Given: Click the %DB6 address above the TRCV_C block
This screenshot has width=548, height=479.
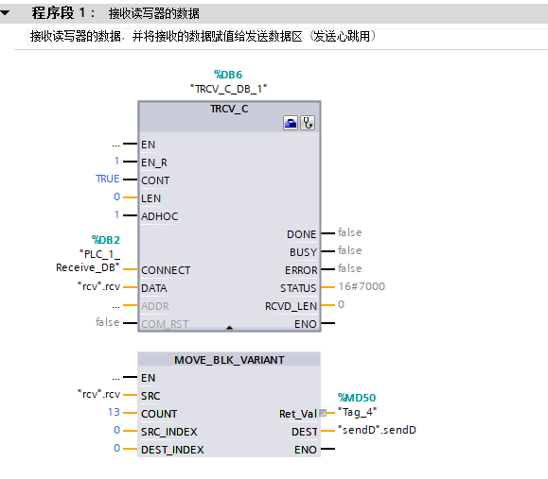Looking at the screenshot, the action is pyautogui.click(x=228, y=75).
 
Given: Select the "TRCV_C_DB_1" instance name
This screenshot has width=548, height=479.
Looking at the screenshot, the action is pyautogui.click(x=228, y=89).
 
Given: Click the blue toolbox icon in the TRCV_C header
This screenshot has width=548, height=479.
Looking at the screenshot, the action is pyautogui.click(x=291, y=123).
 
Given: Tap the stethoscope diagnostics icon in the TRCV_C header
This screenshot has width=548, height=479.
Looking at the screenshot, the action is pyautogui.click(x=308, y=123).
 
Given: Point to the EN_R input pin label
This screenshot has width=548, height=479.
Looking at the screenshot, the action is pyautogui.click(x=154, y=163).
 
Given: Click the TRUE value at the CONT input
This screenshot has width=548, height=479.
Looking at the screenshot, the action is pyautogui.click(x=108, y=179).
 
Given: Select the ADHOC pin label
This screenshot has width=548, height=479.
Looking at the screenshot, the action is pyautogui.click(x=159, y=216).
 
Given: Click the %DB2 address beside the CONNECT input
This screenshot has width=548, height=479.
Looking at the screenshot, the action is pyautogui.click(x=106, y=240).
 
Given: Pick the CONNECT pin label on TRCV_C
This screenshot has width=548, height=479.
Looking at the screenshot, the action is pyautogui.click(x=166, y=270).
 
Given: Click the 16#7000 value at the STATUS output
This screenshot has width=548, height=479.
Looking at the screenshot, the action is pyautogui.click(x=362, y=286).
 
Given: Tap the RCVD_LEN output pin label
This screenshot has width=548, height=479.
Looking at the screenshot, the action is pyautogui.click(x=291, y=306).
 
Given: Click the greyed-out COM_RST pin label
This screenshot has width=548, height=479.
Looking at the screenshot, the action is pyautogui.click(x=165, y=324).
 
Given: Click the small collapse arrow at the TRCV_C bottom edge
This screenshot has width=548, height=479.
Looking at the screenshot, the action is pyautogui.click(x=229, y=327).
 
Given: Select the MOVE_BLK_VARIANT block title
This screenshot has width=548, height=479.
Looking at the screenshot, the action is pyautogui.click(x=229, y=360).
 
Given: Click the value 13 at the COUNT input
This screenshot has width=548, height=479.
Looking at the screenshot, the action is pyautogui.click(x=114, y=412).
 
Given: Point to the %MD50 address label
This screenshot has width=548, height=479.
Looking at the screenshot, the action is pyautogui.click(x=357, y=398).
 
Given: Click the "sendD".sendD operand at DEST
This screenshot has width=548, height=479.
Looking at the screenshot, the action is pyautogui.click(x=377, y=430).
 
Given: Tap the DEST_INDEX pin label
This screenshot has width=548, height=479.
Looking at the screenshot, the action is pyautogui.click(x=172, y=450).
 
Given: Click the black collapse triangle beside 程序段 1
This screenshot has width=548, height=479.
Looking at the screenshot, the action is pyautogui.click(x=5, y=13).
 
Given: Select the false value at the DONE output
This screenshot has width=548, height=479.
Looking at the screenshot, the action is pyautogui.click(x=350, y=232).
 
